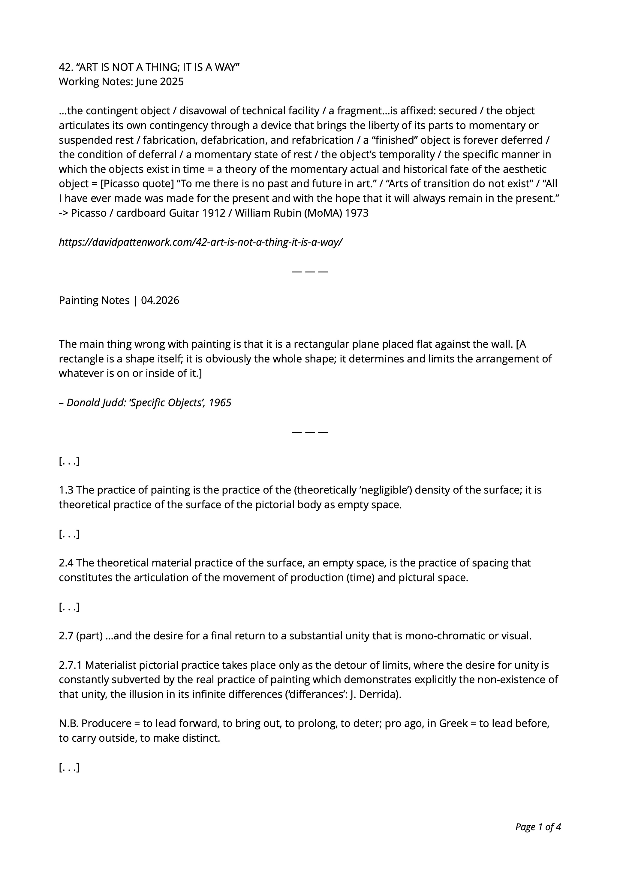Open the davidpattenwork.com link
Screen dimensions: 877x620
pos(200,242)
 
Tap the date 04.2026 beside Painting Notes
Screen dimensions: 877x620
pos(160,301)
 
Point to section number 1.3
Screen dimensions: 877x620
pos(66,490)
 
